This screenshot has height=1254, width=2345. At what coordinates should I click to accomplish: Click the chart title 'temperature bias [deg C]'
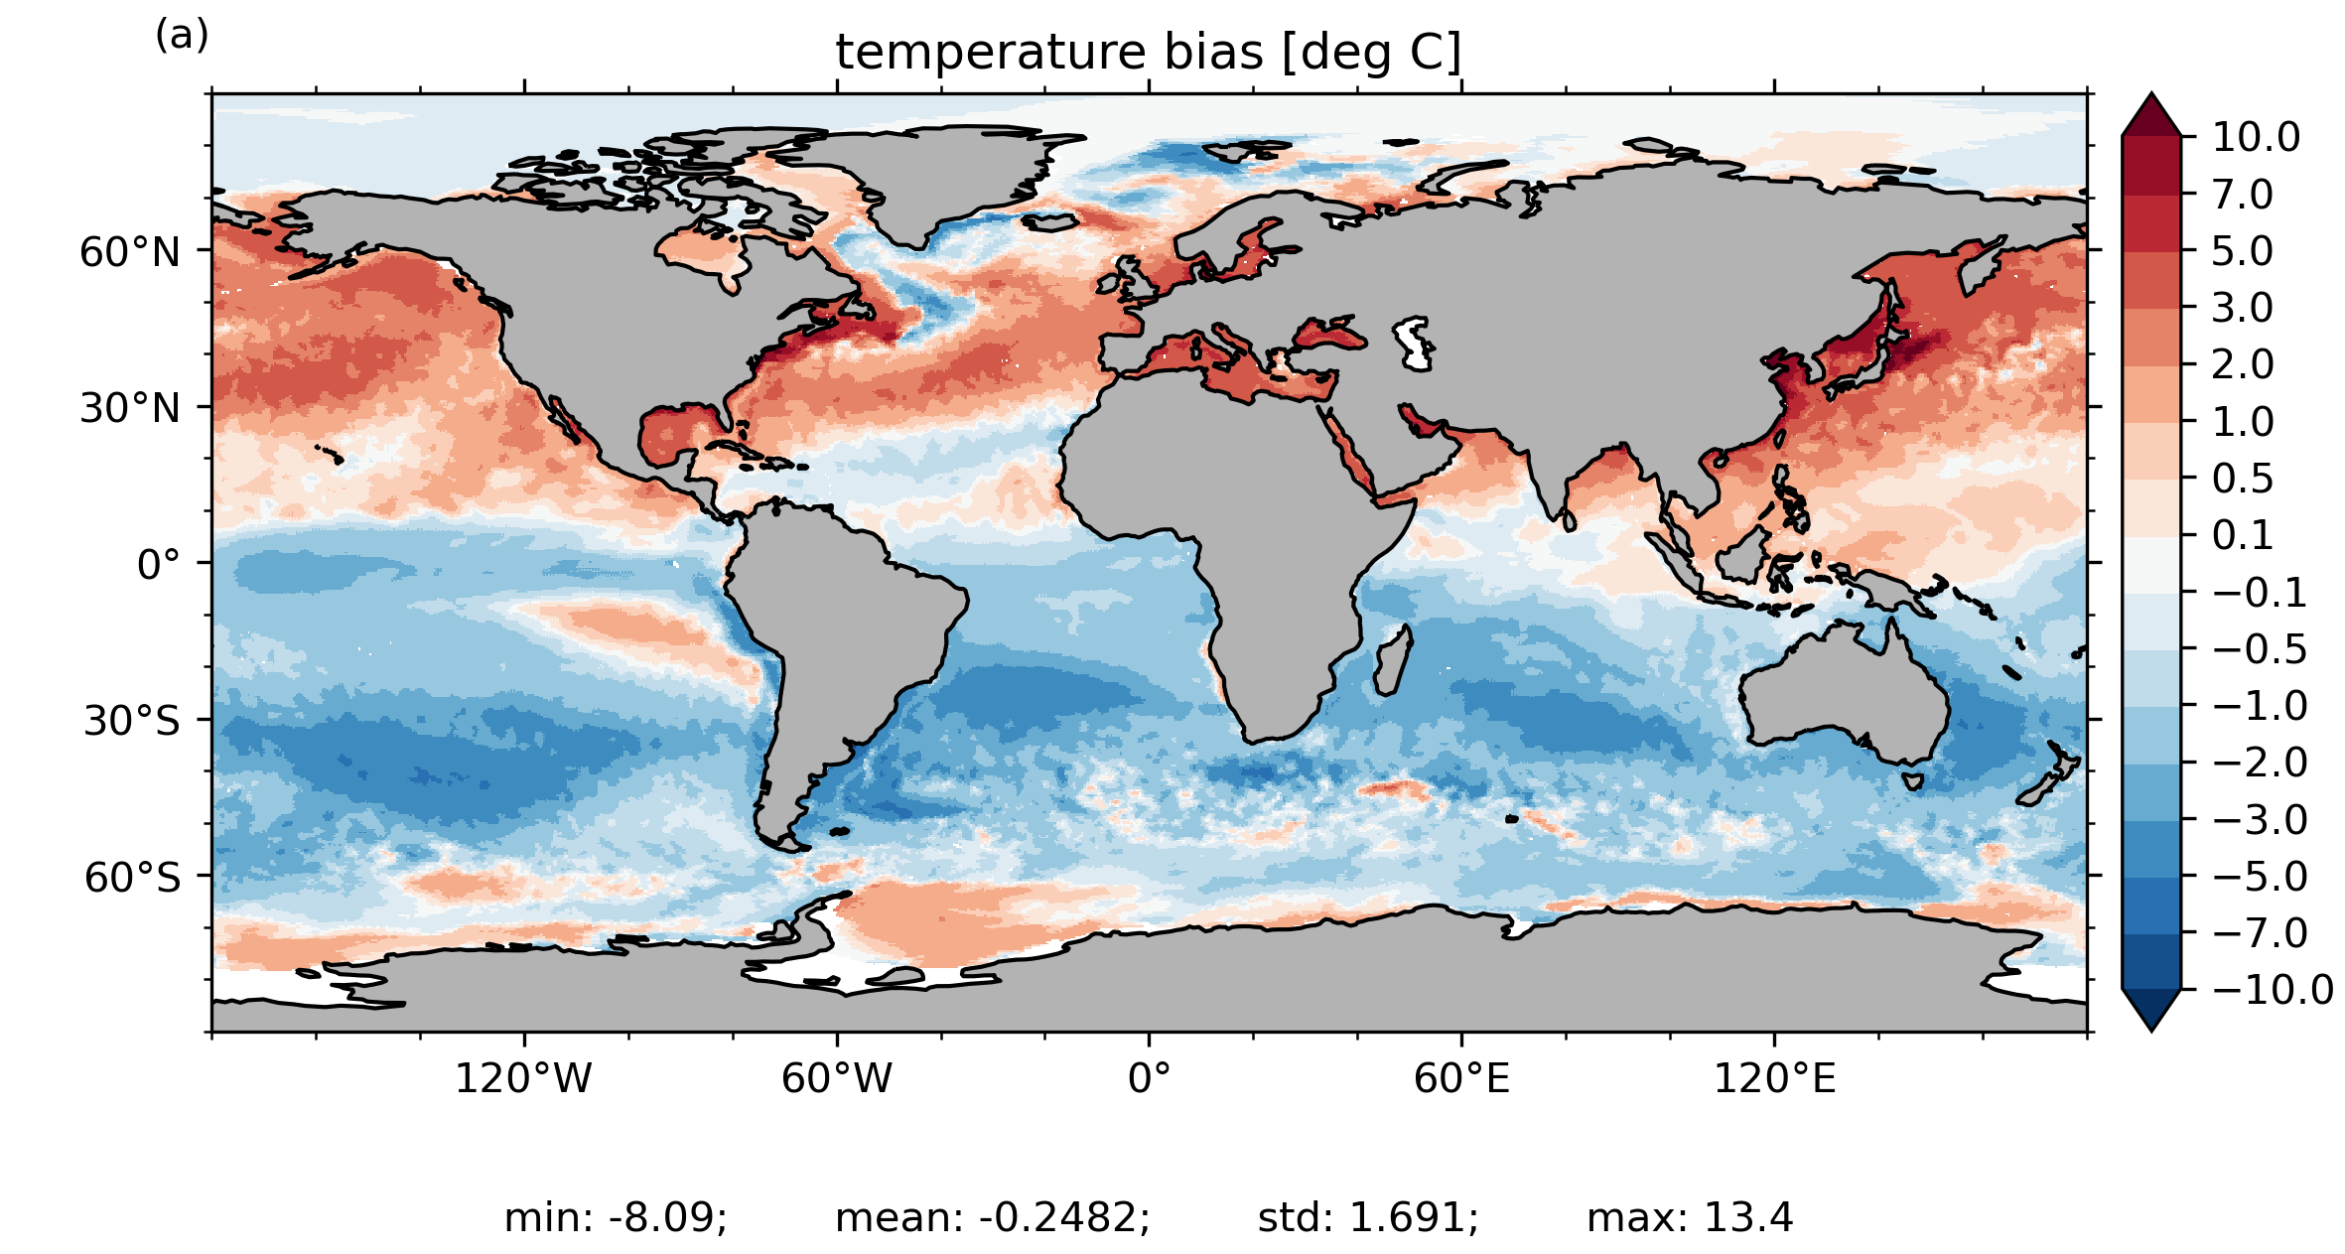pos(1148,53)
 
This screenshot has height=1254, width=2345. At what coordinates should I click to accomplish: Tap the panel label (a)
pos(182,36)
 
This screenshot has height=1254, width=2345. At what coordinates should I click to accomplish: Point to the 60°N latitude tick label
pos(130,253)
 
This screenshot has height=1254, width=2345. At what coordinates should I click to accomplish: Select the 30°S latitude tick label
pos(132,722)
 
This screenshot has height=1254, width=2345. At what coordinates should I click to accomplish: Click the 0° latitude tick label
pos(159,566)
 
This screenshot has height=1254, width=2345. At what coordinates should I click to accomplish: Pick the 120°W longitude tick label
pos(523,1078)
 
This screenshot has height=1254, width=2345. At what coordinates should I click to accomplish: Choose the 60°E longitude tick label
pos(1461,1078)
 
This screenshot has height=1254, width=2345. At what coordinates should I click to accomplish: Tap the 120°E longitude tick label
pos(1774,1078)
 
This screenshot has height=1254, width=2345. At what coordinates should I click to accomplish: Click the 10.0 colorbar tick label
pos(2256,138)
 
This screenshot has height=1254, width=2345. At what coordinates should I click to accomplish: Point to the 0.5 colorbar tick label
pos(2242,480)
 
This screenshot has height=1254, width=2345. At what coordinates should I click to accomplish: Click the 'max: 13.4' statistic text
pos(1690,1218)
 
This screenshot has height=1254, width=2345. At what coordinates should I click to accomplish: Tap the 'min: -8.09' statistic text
pos(616,1218)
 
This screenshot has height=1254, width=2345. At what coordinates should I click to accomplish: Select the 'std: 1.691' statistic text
pos(1368,1218)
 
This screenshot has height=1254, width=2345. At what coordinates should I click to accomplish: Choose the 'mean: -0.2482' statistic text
pos(993,1218)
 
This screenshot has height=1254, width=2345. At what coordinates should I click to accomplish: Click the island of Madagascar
pos(1392,661)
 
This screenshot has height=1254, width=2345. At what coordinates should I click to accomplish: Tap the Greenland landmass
pos(923,179)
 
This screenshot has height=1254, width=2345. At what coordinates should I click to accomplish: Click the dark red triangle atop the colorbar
pos(2151,116)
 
